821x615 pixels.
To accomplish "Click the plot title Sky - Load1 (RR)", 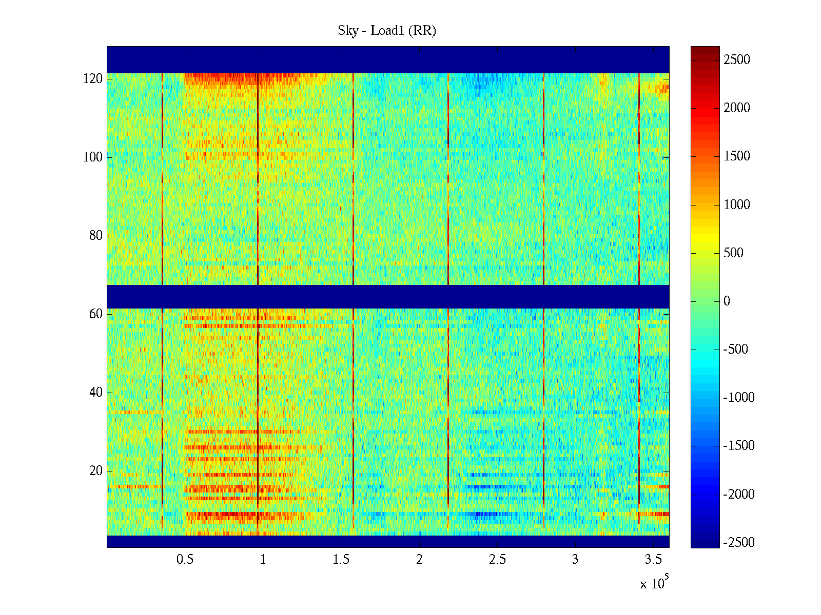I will [387, 31].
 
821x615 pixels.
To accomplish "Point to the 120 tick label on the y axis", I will [93, 79].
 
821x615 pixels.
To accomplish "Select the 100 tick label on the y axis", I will [93, 157].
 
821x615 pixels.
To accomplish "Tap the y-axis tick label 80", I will [96, 236].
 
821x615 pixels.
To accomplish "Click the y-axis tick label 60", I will [96, 314].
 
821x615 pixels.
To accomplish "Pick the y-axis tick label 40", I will [96, 393].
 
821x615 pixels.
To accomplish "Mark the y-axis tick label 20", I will [96, 471].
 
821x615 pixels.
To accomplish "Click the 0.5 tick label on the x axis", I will [185, 560].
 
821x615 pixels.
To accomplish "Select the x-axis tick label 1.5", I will [341, 560].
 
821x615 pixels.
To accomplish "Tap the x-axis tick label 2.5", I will [497, 560].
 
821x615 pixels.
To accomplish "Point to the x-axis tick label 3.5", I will [653, 560].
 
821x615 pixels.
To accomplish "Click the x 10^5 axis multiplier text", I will [654, 583].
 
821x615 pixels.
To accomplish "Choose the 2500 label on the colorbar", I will [737, 60].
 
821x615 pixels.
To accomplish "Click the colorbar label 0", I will [727, 301].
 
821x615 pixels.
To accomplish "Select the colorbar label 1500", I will [737, 156].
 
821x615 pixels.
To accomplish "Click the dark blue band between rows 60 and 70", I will [388, 297].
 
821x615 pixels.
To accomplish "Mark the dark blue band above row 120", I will [388, 59].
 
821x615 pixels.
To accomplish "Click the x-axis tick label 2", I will [419, 560].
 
